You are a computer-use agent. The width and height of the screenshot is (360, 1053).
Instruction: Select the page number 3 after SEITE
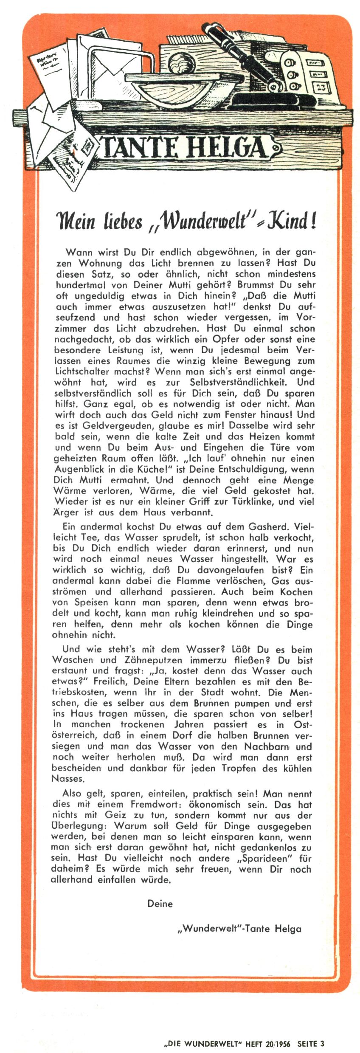point(322,1043)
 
